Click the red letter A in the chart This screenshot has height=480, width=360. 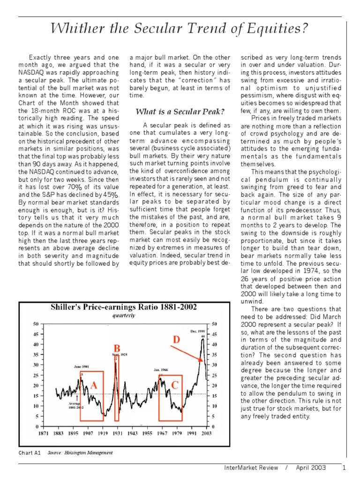point(94,385)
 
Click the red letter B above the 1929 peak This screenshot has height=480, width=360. point(117,348)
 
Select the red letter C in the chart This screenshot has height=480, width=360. point(175,385)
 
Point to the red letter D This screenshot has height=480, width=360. point(176,339)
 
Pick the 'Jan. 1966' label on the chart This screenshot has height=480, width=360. point(161,370)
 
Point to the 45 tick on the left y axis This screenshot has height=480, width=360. point(36,334)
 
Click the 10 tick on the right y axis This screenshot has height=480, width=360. point(215,406)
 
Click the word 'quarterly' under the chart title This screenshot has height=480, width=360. point(124,315)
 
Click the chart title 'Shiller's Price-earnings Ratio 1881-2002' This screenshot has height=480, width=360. point(124,307)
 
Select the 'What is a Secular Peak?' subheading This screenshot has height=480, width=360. point(180,112)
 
